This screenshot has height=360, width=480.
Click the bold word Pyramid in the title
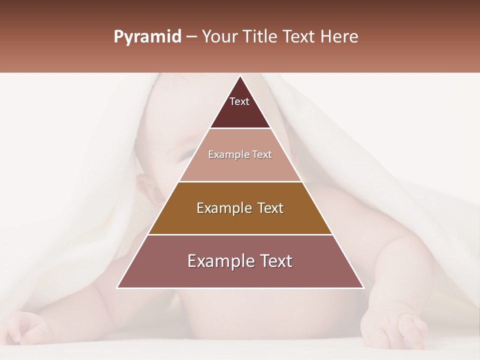(x=147, y=37)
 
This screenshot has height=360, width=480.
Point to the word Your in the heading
(x=218, y=37)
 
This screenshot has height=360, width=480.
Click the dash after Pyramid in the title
(x=191, y=37)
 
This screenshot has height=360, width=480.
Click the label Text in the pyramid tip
(x=239, y=101)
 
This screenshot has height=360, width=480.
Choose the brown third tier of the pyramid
(x=240, y=220)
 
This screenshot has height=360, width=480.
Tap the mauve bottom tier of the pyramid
(x=240, y=272)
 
